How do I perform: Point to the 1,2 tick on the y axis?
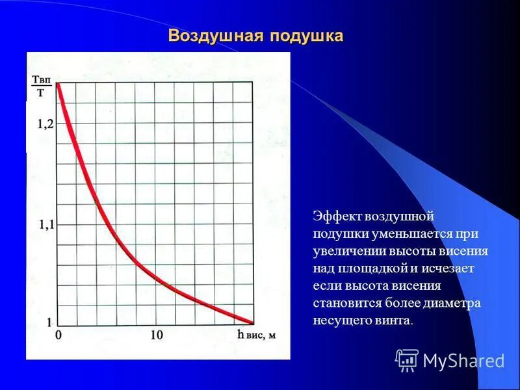46,123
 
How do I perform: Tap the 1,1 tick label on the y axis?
46,226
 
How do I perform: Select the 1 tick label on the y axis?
49,322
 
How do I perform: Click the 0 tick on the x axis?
58,335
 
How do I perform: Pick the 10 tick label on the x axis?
157,335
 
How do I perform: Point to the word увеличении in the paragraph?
348,251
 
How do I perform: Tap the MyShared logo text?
463,361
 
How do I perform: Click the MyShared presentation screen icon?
407,359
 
